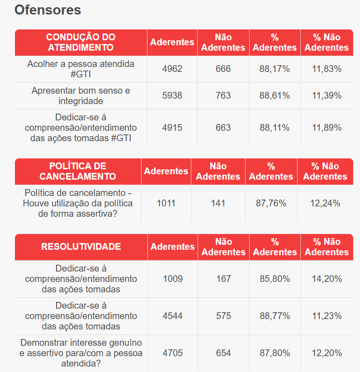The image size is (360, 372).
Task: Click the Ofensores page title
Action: (x=48, y=10)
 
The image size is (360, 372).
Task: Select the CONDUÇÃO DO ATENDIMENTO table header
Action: (x=81, y=42)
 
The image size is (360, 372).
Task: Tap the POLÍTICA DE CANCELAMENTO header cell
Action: (x=78, y=171)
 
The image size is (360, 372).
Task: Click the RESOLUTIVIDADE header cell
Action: (x=81, y=247)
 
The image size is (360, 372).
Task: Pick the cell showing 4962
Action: (x=172, y=69)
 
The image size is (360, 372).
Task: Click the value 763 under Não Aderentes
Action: (x=223, y=95)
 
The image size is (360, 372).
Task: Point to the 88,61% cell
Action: (x=275, y=95)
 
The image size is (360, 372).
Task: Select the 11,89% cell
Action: (x=327, y=128)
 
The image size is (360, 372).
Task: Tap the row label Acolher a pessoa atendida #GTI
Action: (x=81, y=69)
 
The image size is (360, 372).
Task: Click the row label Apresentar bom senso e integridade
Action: (x=81, y=95)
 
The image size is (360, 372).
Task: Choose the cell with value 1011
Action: (x=166, y=203)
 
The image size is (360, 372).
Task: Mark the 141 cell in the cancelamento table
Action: (x=218, y=203)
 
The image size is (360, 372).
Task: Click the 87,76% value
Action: (x=271, y=203)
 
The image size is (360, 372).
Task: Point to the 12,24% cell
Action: (x=325, y=203)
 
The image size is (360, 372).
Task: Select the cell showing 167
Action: (x=223, y=279)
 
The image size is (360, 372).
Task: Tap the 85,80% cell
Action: (x=275, y=279)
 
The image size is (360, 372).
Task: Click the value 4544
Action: (x=172, y=316)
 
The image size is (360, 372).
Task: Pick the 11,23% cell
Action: (x=327, y=316)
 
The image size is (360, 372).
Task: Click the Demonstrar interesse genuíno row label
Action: (x=81, y=353)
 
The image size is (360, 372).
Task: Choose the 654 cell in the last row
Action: (x=223, y=353)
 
